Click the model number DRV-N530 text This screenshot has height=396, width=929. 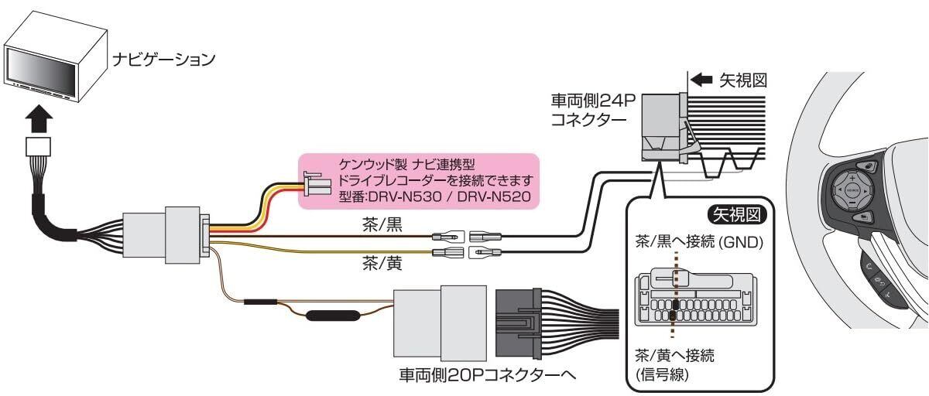(x=407, y=196)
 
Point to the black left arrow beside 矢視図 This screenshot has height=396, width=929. (x=701, y=80)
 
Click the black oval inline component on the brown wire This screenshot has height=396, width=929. (x=331, y=316)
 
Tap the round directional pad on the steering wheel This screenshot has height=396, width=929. (x=850, y=188)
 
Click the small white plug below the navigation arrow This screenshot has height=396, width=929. (x=38, y=146)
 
